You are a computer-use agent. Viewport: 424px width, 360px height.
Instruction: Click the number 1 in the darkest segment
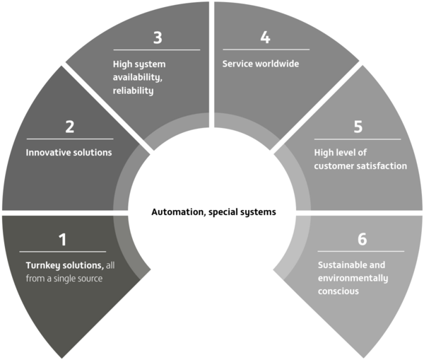tap(63, 240)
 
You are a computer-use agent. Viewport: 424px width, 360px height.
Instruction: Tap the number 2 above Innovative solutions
tap(70, 127)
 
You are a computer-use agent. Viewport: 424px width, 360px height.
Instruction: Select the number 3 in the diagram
tap(158, 37)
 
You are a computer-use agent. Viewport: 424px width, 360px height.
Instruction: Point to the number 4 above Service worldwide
tap(265, 37)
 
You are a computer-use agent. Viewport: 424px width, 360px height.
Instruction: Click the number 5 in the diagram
tap(358, 127)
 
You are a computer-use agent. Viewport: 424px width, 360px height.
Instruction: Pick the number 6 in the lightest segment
tap(362, 239)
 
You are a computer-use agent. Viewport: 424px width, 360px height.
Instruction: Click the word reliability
tap(134, 91)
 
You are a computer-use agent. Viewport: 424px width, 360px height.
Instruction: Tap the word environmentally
tap(353, 279)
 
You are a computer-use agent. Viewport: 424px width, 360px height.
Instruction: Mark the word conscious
tap(338, 291)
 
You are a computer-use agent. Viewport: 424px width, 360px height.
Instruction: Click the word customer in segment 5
tap(336, 166)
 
